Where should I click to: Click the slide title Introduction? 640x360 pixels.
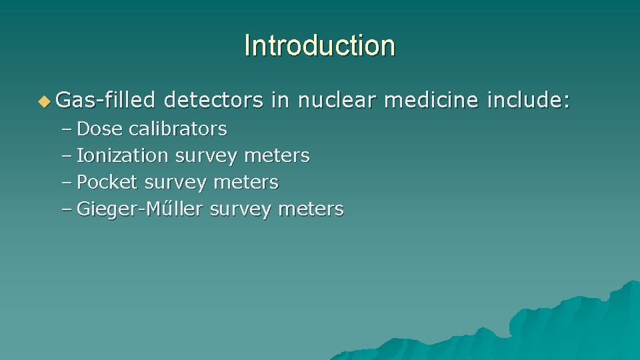319,46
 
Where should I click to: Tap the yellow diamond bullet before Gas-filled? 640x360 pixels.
44,101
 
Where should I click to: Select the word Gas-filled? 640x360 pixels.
106,101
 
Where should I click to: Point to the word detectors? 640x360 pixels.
213,101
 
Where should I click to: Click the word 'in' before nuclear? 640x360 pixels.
280,101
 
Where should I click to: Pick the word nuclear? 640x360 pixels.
337,101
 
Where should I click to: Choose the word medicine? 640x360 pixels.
432,101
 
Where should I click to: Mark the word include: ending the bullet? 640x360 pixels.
529,101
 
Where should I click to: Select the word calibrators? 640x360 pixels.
178,129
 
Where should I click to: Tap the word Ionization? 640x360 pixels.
123,155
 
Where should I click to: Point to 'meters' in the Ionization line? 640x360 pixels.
277,155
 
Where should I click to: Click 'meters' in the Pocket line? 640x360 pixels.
246,182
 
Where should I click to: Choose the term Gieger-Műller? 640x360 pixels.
141,209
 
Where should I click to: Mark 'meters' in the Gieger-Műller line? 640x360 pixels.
311,209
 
